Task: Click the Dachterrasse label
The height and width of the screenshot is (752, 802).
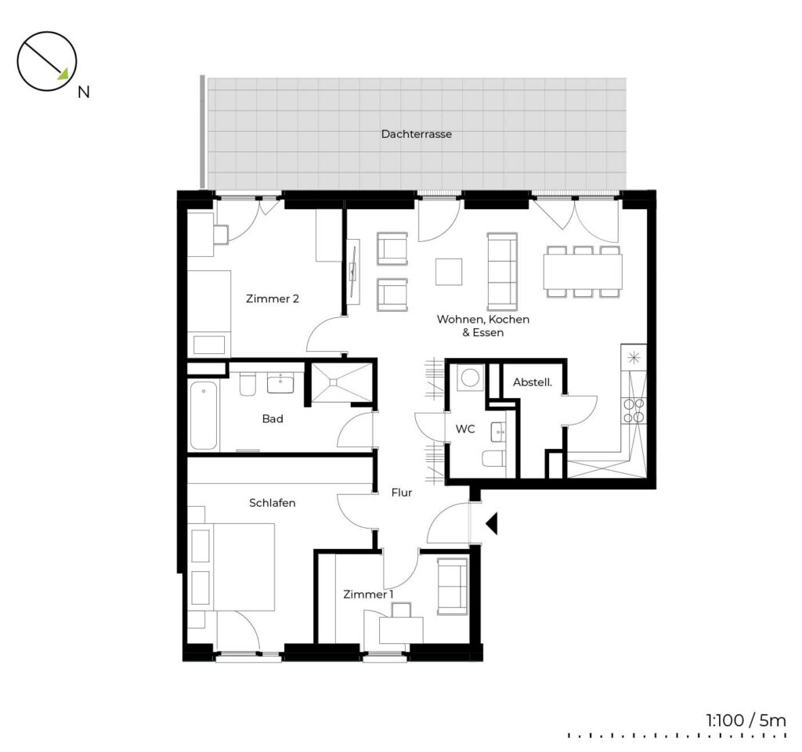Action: pyautogui.click(x=417, y=134)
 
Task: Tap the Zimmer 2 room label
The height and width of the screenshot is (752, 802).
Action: pyautogui.click(x=272, y=298)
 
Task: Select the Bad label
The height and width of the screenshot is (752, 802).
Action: pyautogui.click(x=272, y=418)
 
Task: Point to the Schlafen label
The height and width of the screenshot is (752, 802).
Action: pyautogui.click(x=272, y=502)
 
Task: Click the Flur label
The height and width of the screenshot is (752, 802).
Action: pyautogui.click(x=402, y=493)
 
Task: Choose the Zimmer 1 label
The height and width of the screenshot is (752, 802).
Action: pyautogui.click(x=368, y=594)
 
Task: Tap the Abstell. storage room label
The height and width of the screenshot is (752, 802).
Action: pyautogui.click(x=533, y=382)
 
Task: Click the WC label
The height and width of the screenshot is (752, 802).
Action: pyautogui.click(x=465, y=429)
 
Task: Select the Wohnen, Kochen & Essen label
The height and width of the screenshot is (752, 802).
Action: pyautogui.click(x=482, y=325)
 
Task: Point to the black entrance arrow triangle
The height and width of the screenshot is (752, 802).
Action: pyautogui.click(x=492, y=524)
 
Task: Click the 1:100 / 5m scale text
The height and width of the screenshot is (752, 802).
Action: pyautogui.click(x=746, y=721)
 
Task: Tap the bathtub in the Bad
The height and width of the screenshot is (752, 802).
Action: pyautogui.click(x=204, y=415)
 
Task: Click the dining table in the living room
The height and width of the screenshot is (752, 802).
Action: pyautogui.click(x=583, y=272)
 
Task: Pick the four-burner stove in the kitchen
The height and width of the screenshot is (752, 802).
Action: pyautogui.click(x=634, y=410)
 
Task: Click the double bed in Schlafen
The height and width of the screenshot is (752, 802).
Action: pyautogui.click(x=232, y=566)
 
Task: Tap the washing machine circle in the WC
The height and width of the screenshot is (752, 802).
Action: pyautogui.click(x=470, y=378)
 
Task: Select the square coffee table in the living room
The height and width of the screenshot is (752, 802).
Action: pyautogui.click(x=449, y=272)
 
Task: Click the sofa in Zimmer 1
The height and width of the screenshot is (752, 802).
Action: pyautogui.click(x=452, y=586)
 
